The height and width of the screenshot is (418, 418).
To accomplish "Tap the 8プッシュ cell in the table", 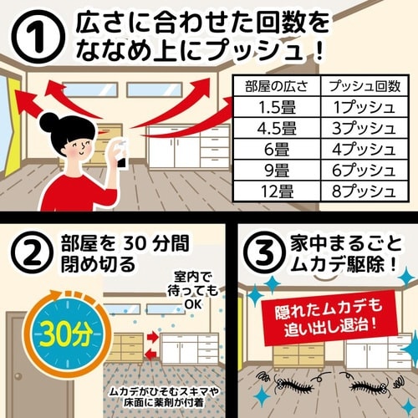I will [364, 194].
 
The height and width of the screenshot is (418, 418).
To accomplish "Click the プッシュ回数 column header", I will [364, 85].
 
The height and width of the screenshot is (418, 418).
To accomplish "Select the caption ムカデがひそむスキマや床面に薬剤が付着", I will [167, 398].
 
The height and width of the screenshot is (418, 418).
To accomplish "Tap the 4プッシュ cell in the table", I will [364, 150].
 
